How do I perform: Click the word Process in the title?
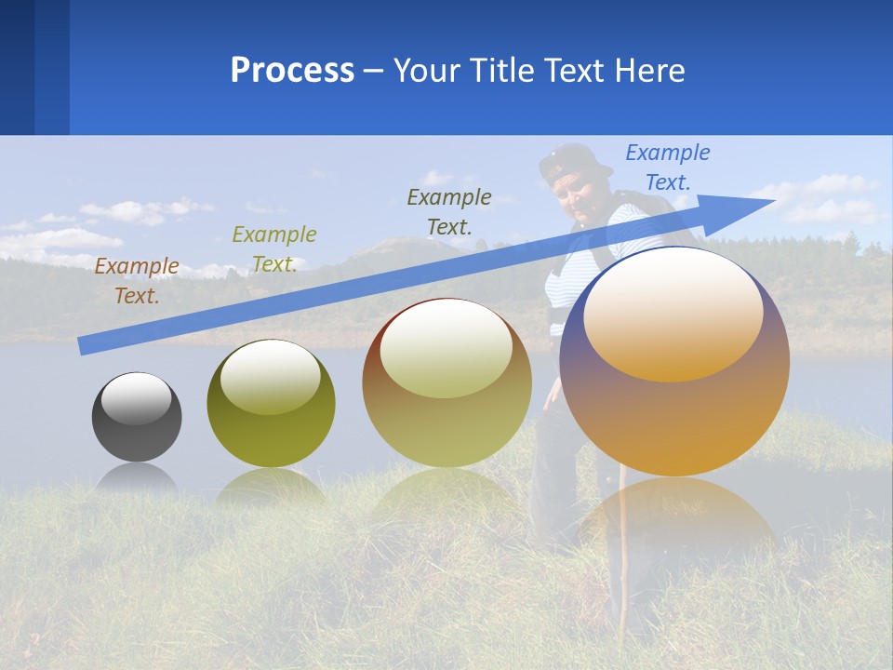point(292,70)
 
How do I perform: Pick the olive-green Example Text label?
point(274,249)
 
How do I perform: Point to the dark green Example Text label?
point(449,211)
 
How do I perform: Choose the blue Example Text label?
point(668,167)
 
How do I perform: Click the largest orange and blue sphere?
point(674,419)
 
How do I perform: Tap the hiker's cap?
point(571,161)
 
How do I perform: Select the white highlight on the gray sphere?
point(137,398)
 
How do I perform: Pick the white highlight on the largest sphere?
point(673,312)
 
